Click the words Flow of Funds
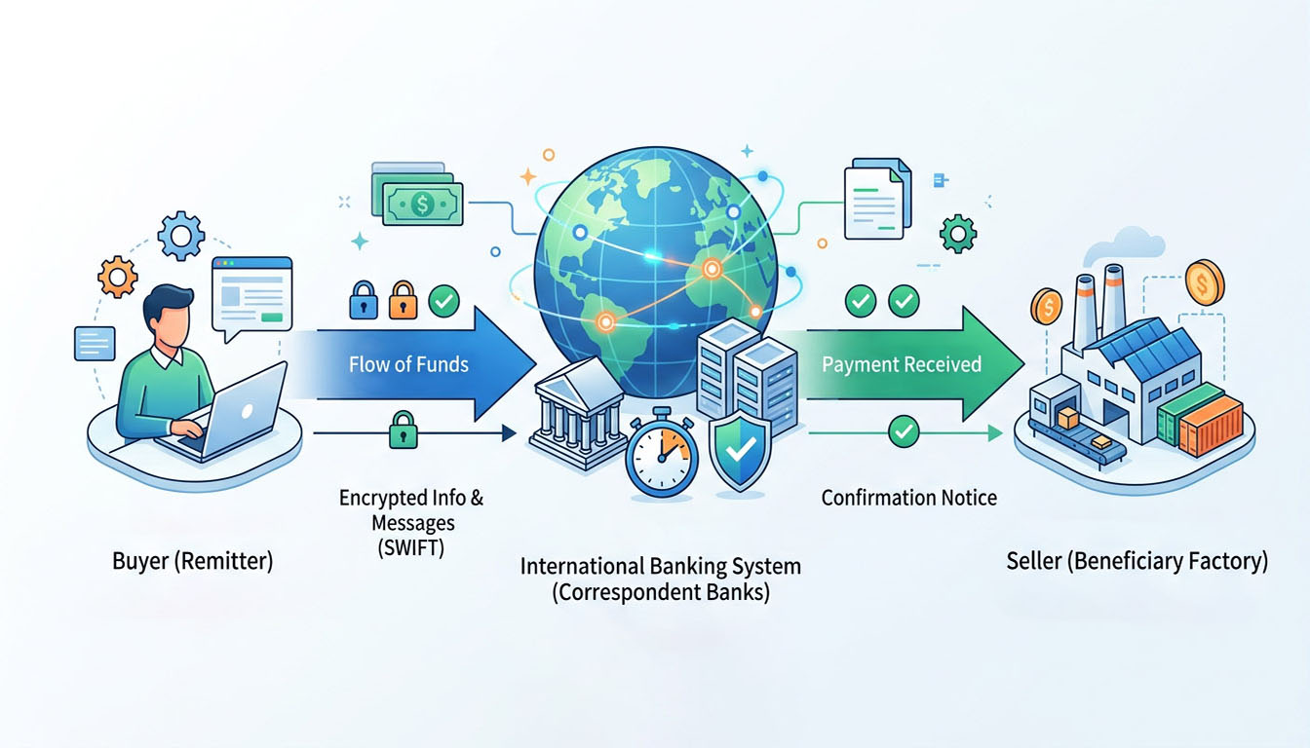[408, 365]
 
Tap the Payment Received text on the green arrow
[902, 365]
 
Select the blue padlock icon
[363, 300]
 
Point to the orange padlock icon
[403, 300]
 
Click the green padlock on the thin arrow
[403, 430]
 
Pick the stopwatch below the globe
[662, 452]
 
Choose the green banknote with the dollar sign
[422, 203]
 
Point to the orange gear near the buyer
[118, 278]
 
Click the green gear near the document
[957, 234]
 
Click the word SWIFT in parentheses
[410, 547]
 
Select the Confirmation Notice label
[908, 498]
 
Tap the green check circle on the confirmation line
[904, 430]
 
